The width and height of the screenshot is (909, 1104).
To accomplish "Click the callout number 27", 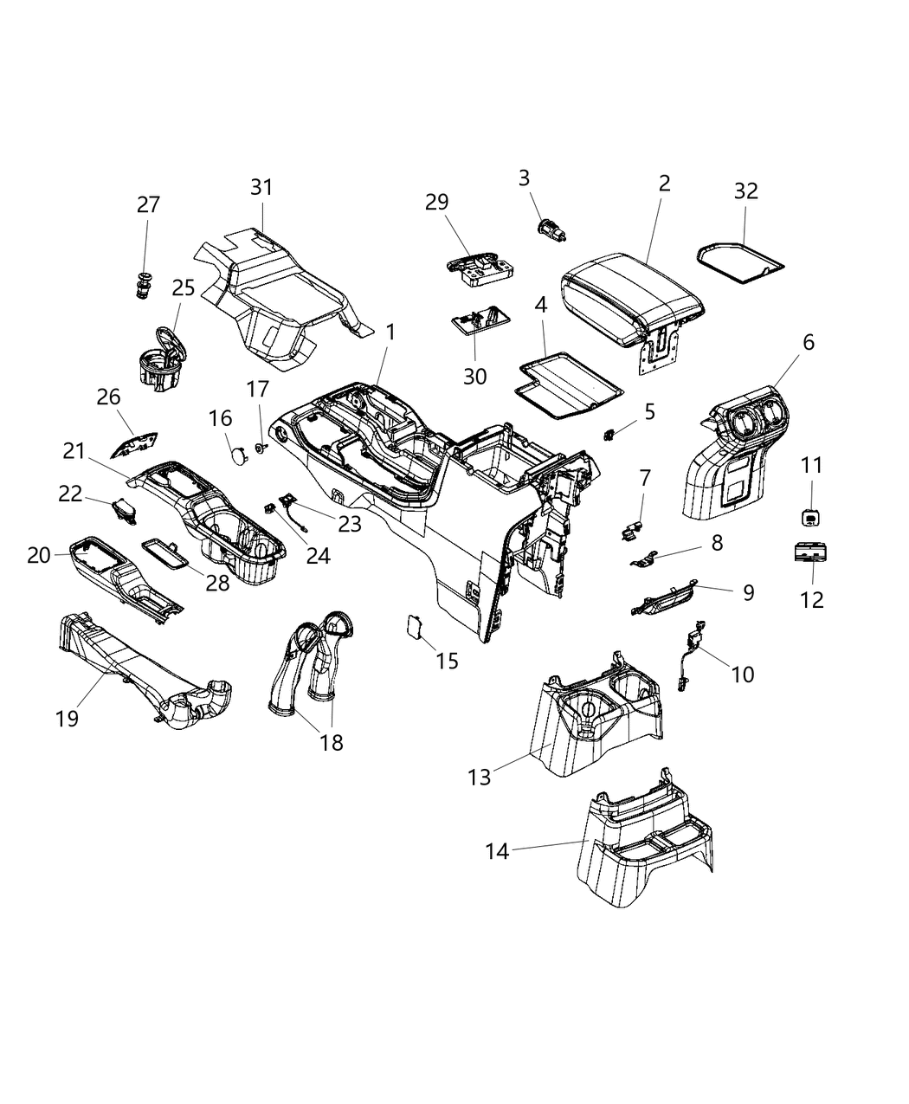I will [148, 205].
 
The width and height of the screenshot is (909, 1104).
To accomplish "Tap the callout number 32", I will [745, 190].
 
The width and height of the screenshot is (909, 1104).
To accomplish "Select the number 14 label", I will [497, 851].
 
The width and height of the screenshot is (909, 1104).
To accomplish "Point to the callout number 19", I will [68, 718].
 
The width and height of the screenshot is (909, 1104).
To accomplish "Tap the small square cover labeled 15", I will [415, 626].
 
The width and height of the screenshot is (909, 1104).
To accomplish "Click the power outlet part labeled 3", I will [550, 230].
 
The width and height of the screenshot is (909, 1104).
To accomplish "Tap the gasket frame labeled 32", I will [741, 261].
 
